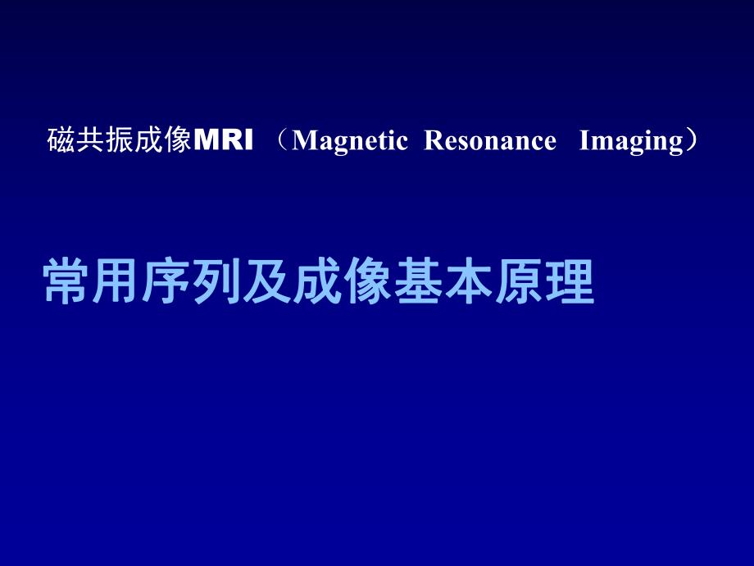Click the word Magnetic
[x=349, y=141]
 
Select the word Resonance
[x=491, y=141]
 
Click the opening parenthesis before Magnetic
[x=282, y=141]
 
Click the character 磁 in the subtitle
[x=62, y=141]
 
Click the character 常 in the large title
[x=66, y=283]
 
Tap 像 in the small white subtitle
[x=177, y=141]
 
